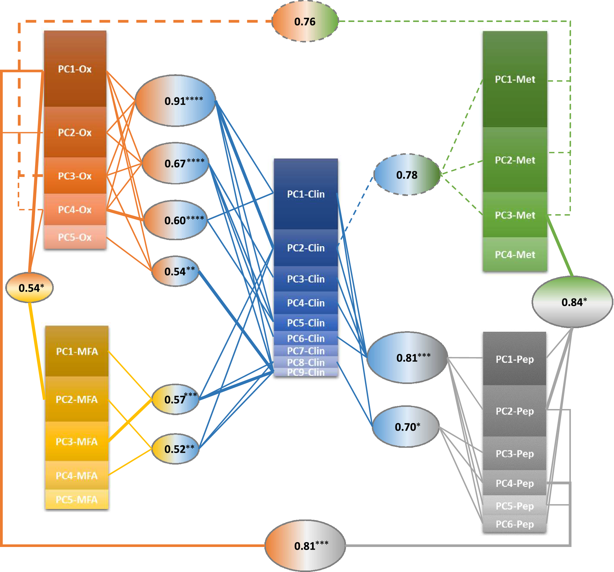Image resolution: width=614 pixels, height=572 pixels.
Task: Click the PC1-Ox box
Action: [75, 69]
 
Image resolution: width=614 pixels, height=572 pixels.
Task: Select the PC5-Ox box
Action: [75, 237]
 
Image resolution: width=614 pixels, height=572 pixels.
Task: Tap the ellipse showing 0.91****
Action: [176, 101]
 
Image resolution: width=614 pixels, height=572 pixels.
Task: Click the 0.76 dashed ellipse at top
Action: [305, 21]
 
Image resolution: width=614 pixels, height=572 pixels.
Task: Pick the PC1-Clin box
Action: [306, 194]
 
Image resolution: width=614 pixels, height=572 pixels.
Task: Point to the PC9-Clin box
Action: [306, 372]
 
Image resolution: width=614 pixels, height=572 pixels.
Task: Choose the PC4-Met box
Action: [515, 254]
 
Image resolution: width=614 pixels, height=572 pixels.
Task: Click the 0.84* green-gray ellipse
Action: [572, 302]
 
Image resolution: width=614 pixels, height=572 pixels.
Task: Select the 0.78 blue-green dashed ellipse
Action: [407, 175]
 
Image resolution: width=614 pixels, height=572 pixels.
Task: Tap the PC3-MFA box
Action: [77, 441]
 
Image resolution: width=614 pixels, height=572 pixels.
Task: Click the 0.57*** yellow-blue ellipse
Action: [175, 399]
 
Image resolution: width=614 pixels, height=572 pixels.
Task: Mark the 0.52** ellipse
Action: [175, 449]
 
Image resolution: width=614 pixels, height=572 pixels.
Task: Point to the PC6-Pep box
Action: [514, 524]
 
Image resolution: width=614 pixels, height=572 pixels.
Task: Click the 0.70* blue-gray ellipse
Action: [406, 427]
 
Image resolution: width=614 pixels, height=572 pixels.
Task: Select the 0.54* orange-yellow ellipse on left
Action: [30, 288]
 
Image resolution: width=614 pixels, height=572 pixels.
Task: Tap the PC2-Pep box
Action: [514, 411]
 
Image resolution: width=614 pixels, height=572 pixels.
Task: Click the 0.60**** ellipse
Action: [176, 220]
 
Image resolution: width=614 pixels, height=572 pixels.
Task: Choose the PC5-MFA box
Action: [77, 499]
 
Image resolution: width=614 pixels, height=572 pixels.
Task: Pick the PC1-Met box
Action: [515, 79]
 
